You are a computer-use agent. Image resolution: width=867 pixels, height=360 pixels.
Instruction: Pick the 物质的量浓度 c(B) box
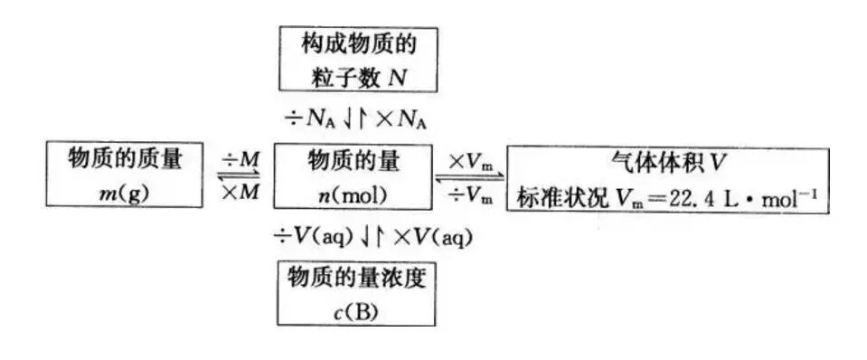355,295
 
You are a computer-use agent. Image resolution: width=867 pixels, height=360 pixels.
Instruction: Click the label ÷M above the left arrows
240,159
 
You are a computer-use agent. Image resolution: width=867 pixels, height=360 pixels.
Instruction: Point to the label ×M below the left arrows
240,193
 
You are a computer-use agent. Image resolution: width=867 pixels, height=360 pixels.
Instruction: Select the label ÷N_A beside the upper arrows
308,118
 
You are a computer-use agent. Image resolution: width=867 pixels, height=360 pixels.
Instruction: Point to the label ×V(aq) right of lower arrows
425,237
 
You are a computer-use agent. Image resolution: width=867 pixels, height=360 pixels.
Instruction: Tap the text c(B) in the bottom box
355,312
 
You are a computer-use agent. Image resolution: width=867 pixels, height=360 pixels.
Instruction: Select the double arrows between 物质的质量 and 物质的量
240,176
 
